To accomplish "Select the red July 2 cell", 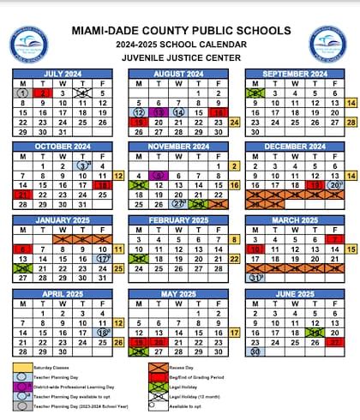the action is coord(42,93).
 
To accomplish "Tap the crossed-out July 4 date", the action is coord(82,93).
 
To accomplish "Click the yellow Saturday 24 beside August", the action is coord(234,123).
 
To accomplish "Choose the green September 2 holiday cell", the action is coord(254,93).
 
